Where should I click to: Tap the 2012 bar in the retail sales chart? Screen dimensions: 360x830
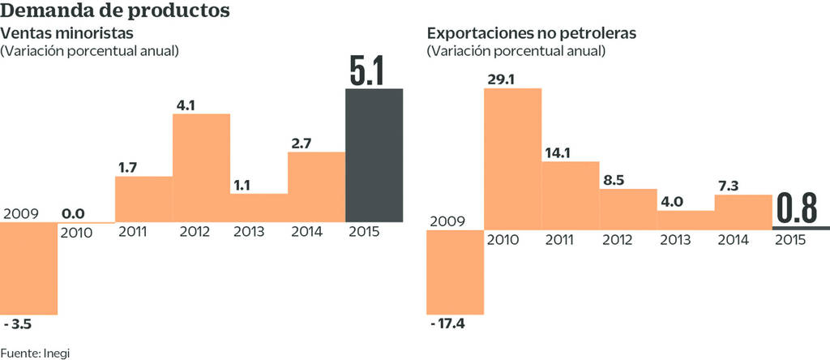(x=201, y=167)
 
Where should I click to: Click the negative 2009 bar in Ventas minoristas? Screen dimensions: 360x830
(x=29, y=268)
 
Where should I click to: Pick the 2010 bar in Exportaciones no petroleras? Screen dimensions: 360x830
(x=512, y=158)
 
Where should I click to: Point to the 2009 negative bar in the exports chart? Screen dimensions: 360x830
(x=455, y=272)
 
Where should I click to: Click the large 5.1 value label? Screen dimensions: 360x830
(x=372, y=71)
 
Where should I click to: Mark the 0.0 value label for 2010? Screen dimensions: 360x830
(x=74, y=213)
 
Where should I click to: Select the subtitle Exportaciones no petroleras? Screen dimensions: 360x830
(x=532, y=34)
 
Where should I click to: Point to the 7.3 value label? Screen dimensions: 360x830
(x=730, y=186)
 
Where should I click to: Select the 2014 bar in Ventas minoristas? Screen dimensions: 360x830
(x=316, y=186)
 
